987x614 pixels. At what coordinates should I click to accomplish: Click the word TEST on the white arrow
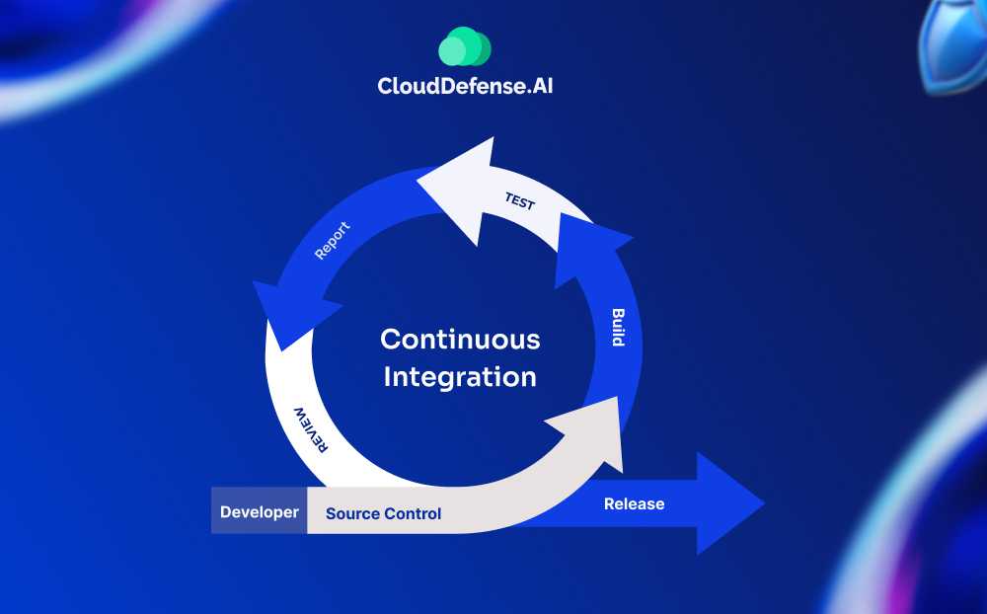(x=519, y=200)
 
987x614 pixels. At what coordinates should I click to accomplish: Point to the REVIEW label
(x=310, y=427)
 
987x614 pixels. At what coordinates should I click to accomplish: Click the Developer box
(x=259, y=512)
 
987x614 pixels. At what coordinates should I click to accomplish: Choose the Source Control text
(x=383, y=513)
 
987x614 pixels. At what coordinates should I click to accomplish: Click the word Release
(x=634, y=504)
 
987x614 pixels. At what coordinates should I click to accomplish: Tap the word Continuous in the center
(x=460, y=340)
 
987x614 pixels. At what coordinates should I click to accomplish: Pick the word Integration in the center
(x=460, y=376)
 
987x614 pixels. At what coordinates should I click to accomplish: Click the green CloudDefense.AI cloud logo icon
(x=464, y=46)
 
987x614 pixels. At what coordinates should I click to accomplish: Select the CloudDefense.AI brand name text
(x=472, y=86)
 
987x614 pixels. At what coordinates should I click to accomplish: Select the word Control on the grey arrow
(x=412, y=513)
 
